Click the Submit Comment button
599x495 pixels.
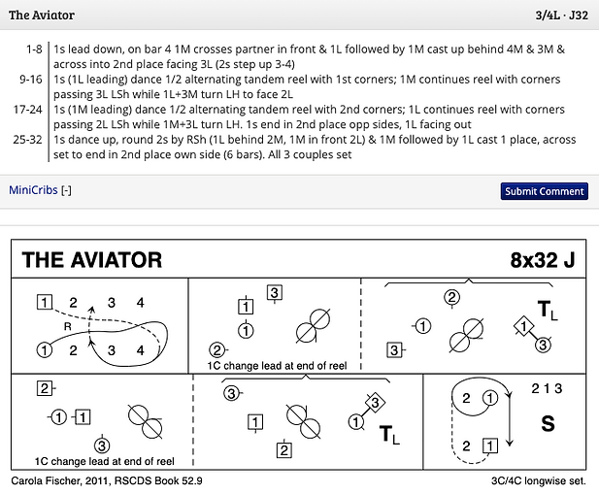(544, 191)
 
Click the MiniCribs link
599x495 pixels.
(33, 190)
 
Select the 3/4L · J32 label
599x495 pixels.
(562, 16)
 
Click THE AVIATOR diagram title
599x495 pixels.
(91, 259)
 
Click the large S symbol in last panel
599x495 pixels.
(549, 424)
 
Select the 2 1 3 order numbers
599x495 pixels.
(547, 389)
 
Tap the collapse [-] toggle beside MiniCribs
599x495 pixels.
(66, 190)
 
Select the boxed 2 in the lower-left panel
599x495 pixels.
(44, 389)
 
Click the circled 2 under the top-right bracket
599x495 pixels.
(451, 298)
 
